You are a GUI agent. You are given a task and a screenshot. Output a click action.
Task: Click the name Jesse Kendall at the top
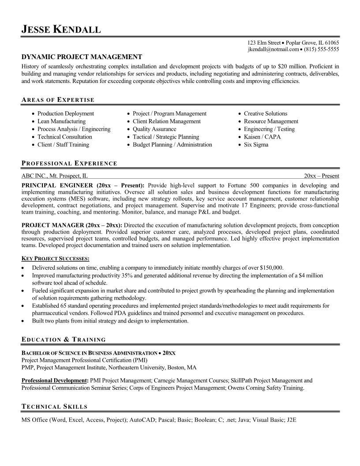coord(61,30)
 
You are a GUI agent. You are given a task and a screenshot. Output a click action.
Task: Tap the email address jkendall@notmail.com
coord(274,49)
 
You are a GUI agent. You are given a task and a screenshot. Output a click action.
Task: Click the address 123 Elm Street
coord(263,43)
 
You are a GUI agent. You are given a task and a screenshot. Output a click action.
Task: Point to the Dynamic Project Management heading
coord(82,57)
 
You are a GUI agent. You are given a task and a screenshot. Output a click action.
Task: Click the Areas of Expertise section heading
coord(58,100)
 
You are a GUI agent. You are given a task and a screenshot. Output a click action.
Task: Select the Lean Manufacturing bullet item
coord(61,121)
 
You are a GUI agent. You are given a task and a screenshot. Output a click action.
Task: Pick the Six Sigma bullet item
coord(256,145)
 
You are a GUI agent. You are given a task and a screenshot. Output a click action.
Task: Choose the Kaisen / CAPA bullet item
coord(262,137)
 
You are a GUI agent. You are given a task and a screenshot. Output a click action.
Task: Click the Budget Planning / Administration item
coord(172,145)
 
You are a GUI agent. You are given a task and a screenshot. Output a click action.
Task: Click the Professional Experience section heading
coord(69,163)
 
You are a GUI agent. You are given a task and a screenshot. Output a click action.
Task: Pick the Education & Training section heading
coord(64,339)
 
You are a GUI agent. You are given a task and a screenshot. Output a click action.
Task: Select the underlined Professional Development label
coord(55,380)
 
